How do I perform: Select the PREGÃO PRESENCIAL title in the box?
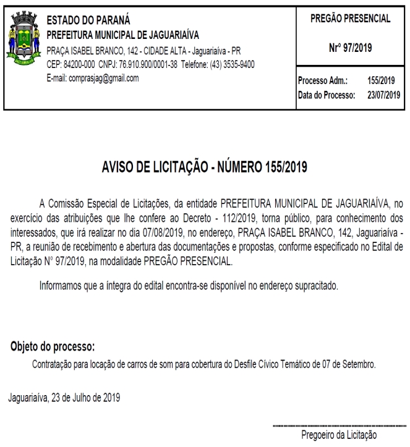point(350,19)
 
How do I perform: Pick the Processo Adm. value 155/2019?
point(382,81)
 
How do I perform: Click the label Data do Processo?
point(326,95)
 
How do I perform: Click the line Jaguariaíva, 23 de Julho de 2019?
point(64,397)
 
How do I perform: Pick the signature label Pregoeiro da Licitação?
point(339,435)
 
